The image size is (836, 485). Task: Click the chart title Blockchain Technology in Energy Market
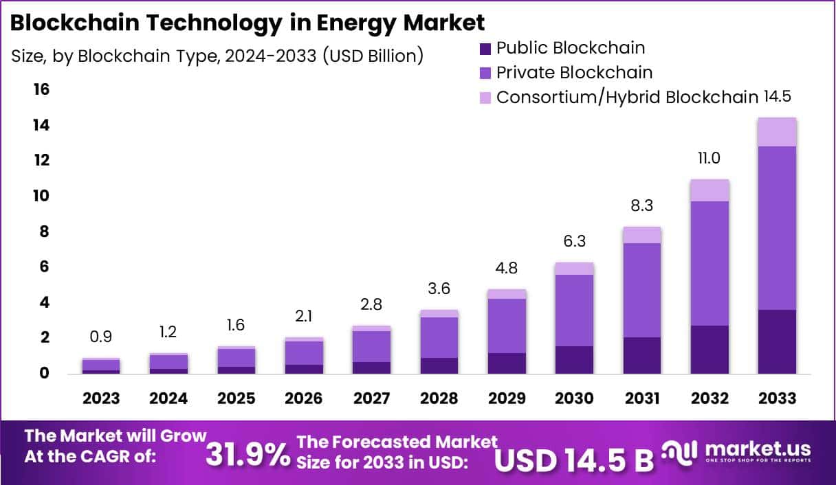[247, 22]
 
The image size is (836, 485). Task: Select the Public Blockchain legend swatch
[485, 49]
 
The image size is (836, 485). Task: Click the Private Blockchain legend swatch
[485, 73]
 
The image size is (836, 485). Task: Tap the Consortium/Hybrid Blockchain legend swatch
[485, 97]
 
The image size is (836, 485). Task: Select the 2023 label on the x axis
[101, 399]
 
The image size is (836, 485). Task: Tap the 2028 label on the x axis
[439, 399]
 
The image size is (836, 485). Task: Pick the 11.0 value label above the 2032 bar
[709, 159]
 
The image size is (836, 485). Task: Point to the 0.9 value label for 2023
[101, 337]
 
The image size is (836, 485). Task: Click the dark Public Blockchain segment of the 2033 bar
[777, 341]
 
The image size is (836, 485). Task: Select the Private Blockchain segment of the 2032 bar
[709, 263]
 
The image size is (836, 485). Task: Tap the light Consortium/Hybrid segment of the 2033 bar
[777, 132]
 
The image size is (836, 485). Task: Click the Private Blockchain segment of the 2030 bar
[574, 310]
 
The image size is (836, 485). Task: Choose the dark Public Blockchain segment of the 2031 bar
[641, 355]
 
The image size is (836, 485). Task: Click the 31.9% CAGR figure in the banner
[248, 454]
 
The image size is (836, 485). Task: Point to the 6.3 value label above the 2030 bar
[574, 242]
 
